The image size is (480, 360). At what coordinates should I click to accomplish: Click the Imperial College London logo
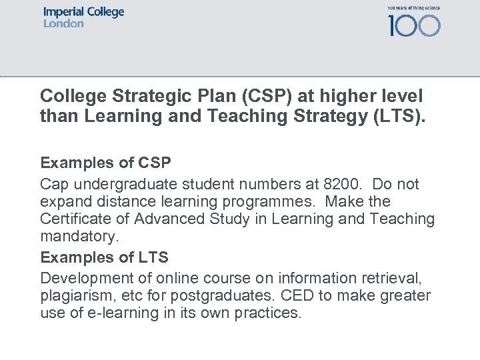point(84,18)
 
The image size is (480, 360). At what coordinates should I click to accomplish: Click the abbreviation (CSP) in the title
point(266,96)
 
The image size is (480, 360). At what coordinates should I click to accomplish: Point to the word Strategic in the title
point(143,96)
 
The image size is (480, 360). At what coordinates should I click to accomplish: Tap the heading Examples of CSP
point(105,163)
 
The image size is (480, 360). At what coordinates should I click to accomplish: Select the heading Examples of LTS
point(104,257)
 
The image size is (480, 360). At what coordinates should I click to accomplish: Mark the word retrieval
point(394,277)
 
